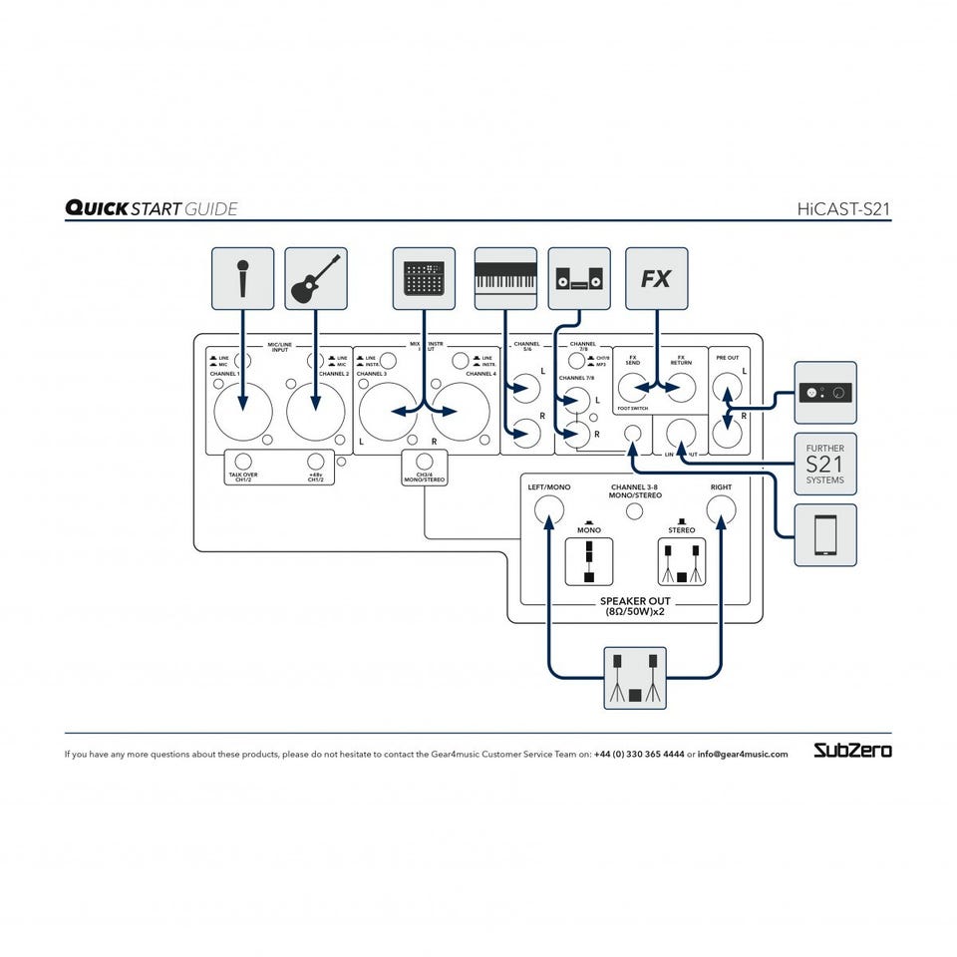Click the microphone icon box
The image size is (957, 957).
tap(242, 278)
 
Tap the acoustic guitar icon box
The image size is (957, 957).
tap(316, 278)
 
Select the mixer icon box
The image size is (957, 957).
tap(424, 278)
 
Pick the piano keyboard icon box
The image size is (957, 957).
tap(505, 278)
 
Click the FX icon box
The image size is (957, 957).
tap(656, 278)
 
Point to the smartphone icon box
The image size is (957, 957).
tap(825, 535)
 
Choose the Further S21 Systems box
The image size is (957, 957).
tap(825, 465)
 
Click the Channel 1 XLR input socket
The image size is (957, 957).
tap(242, 410)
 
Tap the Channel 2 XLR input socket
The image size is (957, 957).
tap(316, 410)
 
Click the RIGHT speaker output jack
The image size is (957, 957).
tap(721, 511)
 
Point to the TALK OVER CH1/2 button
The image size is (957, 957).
tap(242, 462)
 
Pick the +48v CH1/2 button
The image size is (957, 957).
tap(316, 462)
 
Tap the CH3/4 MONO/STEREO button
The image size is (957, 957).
tap(425, 462)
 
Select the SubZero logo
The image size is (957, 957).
tap(852, 750)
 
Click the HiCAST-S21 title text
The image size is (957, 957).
tap(843, 209)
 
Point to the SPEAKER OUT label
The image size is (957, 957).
tap(634, 602)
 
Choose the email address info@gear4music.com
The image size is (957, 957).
tap(743, 755)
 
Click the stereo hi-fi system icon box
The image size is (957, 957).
tap(579, 278)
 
